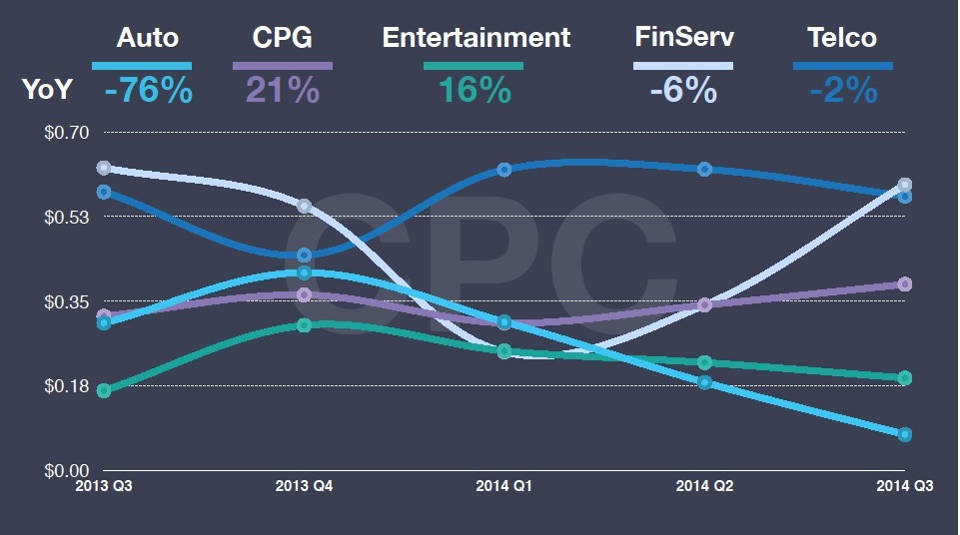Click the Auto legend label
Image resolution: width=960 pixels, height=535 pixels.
tap(148, 38)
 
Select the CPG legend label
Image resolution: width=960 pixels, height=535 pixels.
tap(283, 38)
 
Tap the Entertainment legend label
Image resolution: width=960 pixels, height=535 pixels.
tap(477, 38)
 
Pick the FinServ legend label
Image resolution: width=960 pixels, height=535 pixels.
tap(684, 37)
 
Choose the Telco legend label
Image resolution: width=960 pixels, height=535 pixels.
tap(842, 38)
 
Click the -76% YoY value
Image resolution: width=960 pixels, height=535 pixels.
tap(148, 91)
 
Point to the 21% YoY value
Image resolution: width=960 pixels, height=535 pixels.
tap(283, 91)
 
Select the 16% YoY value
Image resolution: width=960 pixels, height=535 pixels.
tap(475, 91)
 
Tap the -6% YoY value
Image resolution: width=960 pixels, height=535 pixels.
tap(683, 91)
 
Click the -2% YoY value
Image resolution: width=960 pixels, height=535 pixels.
tap(843, 91)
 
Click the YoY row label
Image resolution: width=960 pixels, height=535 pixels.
tap(47, 89)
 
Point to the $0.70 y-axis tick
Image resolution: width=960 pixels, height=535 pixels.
tap(67, 132)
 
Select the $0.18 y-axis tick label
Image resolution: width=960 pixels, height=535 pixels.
tap(67, 386)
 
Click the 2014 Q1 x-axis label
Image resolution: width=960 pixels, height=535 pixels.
tap(503, 486)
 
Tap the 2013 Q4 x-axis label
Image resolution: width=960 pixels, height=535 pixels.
tap(305, 486)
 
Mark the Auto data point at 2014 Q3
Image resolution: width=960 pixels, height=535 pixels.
tap(905, 435)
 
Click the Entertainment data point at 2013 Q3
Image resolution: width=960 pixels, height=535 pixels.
tap(104, 390)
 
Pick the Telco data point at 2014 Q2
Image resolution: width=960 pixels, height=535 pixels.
tap(704, 170)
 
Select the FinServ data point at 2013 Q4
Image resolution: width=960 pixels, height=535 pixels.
tap(305, 206)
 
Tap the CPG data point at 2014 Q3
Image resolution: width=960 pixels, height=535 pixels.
tap(905, 284)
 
